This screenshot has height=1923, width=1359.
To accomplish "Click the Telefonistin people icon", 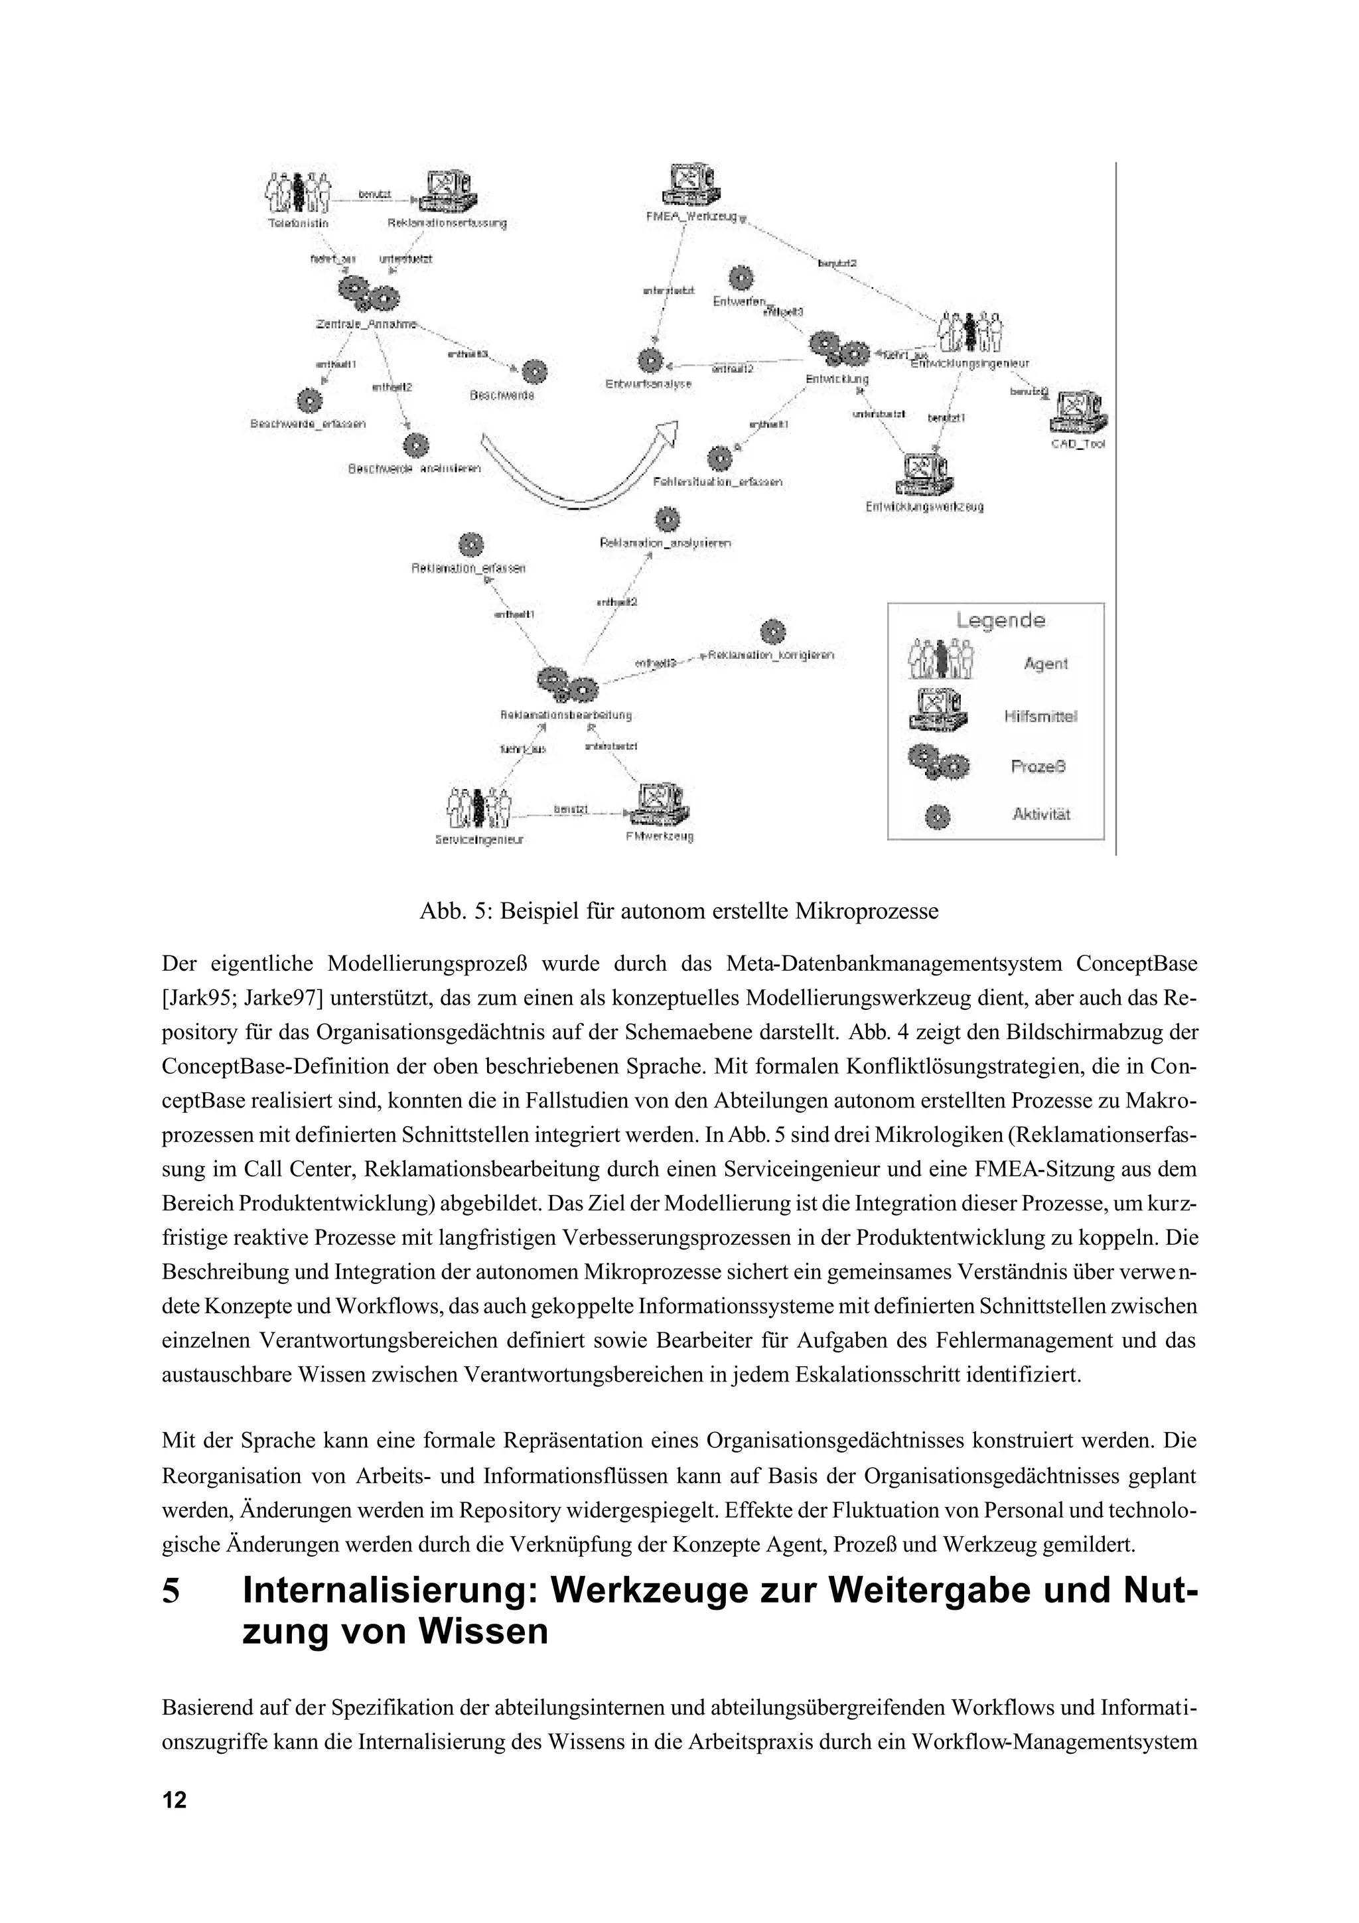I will pos(297,192).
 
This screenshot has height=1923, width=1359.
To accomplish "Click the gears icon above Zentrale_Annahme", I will pos(368,293).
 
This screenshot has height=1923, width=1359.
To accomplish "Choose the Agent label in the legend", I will pos(1046,664).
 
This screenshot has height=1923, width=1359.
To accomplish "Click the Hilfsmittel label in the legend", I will pos(1040,716).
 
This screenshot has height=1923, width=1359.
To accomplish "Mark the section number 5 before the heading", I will pos(171,1591).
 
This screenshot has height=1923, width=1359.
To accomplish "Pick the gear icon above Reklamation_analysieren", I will pos(666,520).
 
